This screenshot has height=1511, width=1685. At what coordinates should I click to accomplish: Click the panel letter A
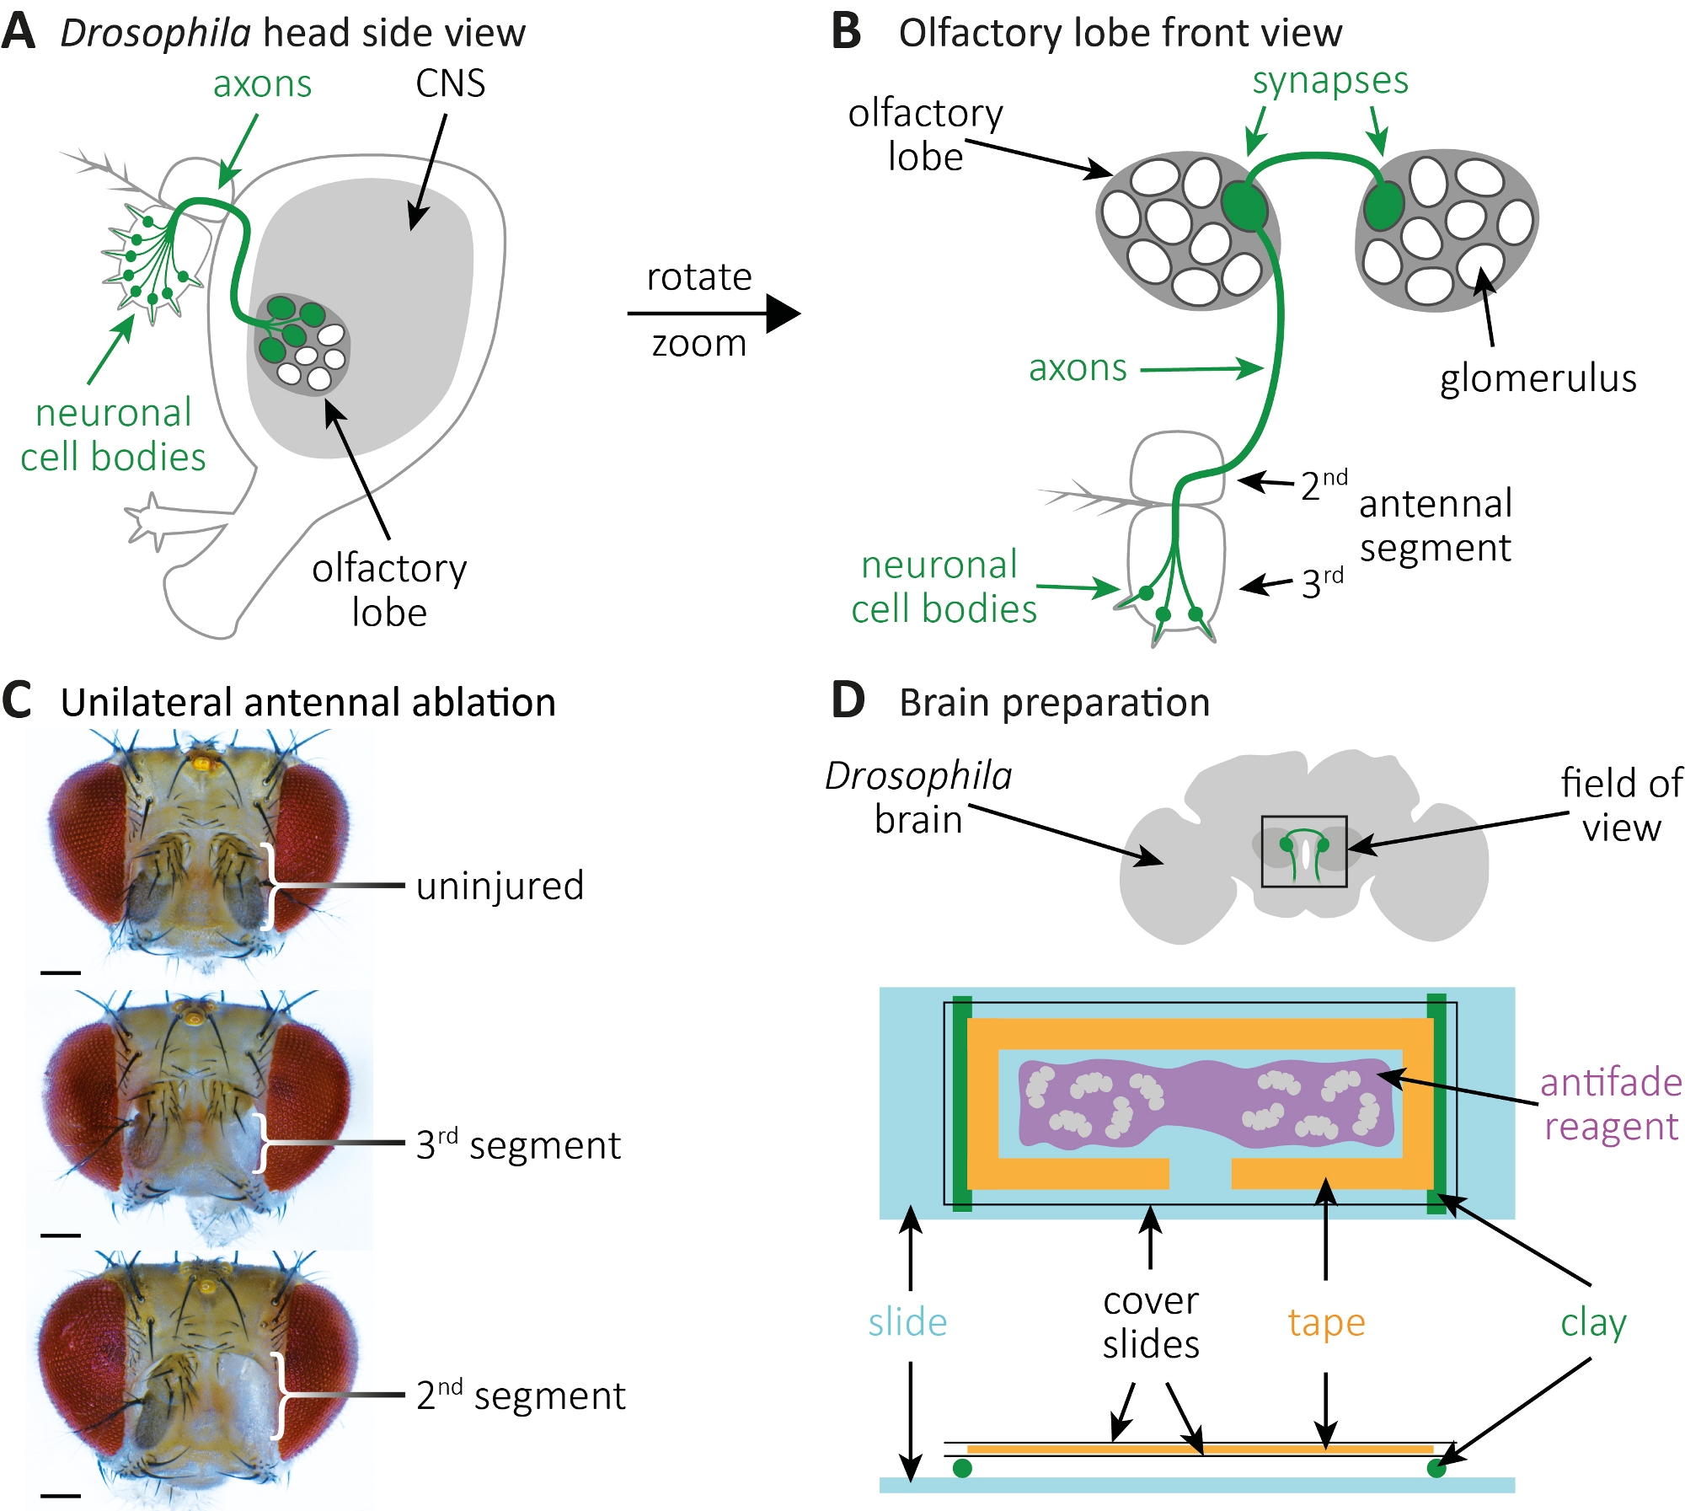[x=19, y=32]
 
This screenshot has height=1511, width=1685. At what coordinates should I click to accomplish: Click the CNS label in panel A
[x=450, y=83]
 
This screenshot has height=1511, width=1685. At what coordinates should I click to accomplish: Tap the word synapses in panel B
[x=1329, y=82]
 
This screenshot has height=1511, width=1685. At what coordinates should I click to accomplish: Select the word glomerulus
[x=1538, y=378]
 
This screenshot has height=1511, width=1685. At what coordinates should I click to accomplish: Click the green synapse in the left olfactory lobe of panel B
[x=1244, y=205]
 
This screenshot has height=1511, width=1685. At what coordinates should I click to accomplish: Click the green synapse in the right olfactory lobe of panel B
[x=1383, y=205]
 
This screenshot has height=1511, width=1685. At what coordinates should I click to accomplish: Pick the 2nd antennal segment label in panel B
[x=1323, y=485]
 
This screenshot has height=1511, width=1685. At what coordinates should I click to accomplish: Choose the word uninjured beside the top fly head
[x=500, y=886]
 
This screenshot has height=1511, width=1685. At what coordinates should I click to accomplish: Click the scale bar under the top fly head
[x=60, y=973]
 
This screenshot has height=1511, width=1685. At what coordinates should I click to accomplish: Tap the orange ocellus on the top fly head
[x=201, y=762]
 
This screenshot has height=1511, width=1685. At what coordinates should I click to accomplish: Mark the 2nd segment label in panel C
[x=521, y=1396]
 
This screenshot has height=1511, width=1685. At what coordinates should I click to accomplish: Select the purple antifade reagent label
[x=1610, y=1104]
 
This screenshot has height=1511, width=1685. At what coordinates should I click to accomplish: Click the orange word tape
[x=1326, y=1322]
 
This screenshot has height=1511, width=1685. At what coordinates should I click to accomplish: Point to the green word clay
[x=1592, y=1322]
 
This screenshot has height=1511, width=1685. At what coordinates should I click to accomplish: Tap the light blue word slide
[x=907, y=1322]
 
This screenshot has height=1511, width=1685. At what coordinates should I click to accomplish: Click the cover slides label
[x=1150, y=1322]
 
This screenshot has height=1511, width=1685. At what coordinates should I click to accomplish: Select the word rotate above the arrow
[x=698, y=277]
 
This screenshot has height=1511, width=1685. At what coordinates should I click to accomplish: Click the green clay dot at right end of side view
[x=1436, y=1469]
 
